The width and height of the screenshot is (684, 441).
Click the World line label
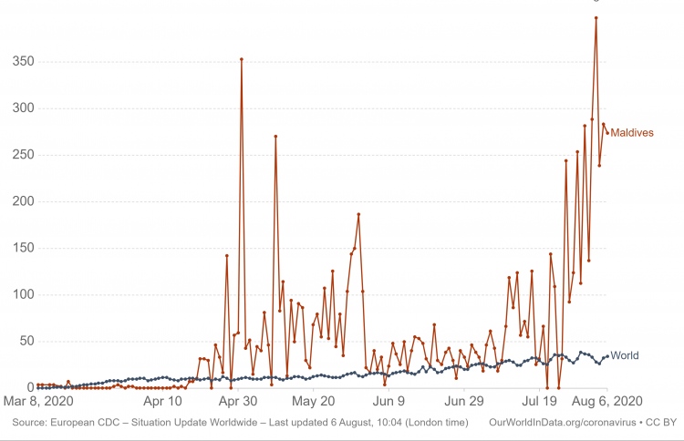coord(625,355)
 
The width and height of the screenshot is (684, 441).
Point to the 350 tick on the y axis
coord(23,62)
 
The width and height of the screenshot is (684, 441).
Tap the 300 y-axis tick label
coord(23,108)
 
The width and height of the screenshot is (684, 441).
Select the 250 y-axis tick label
coord(23,155)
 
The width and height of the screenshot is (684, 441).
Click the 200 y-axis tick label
coord(23,201)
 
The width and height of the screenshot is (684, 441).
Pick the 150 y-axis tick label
coord(23,249)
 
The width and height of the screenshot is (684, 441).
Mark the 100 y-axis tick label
coord(23,295)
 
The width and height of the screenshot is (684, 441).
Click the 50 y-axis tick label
coord(26,342)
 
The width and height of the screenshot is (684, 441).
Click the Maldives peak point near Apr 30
coord(241,59)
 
